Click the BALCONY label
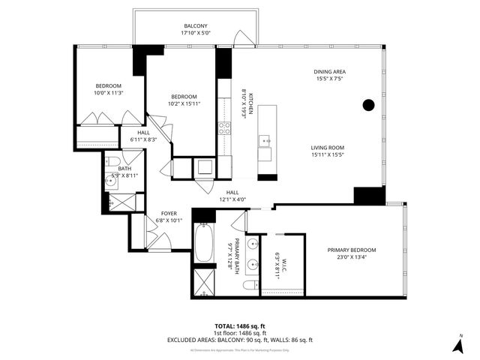196,25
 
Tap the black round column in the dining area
368,106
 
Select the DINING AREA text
329,73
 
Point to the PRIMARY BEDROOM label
351,250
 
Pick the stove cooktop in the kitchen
223,127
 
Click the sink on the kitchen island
265,139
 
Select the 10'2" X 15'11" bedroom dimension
183,105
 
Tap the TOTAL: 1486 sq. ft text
240,326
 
